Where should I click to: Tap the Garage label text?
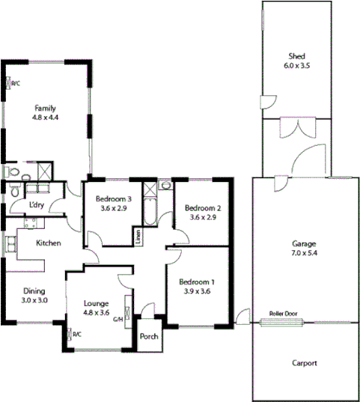304,244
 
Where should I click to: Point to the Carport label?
304,363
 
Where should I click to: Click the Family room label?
45,109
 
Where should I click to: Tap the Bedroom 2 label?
201,207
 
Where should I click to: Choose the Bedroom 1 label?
194,281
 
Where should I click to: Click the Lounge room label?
96,304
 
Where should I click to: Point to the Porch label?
149,336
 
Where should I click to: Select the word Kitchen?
48,243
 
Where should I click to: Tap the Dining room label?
34,291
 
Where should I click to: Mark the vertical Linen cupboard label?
138,236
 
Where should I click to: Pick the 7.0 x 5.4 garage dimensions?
304,254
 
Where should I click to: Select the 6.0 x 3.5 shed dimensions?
297,66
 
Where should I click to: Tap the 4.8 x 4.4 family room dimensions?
45,118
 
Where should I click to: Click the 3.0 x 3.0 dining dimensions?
34,300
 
